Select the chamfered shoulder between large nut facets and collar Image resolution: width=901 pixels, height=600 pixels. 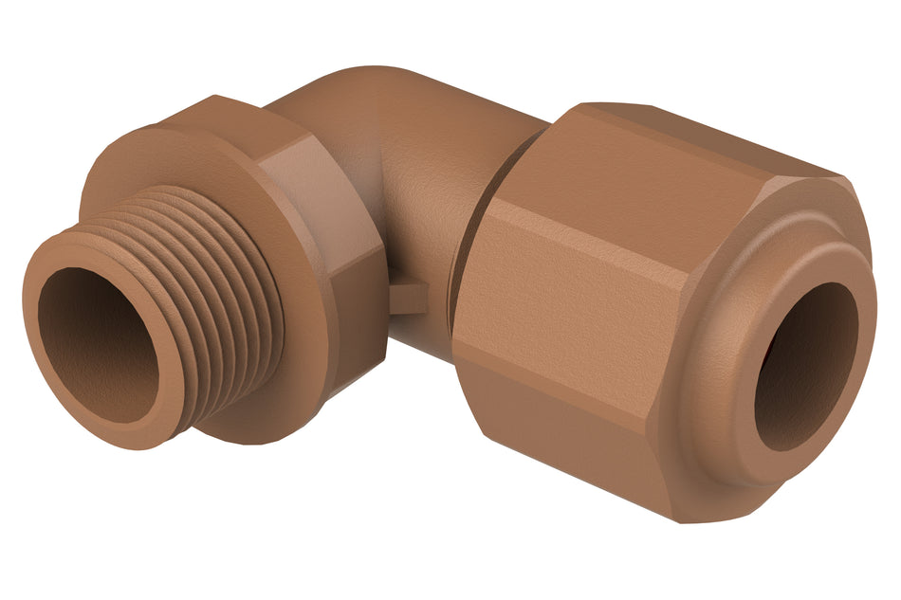click(x=697, y=284)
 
